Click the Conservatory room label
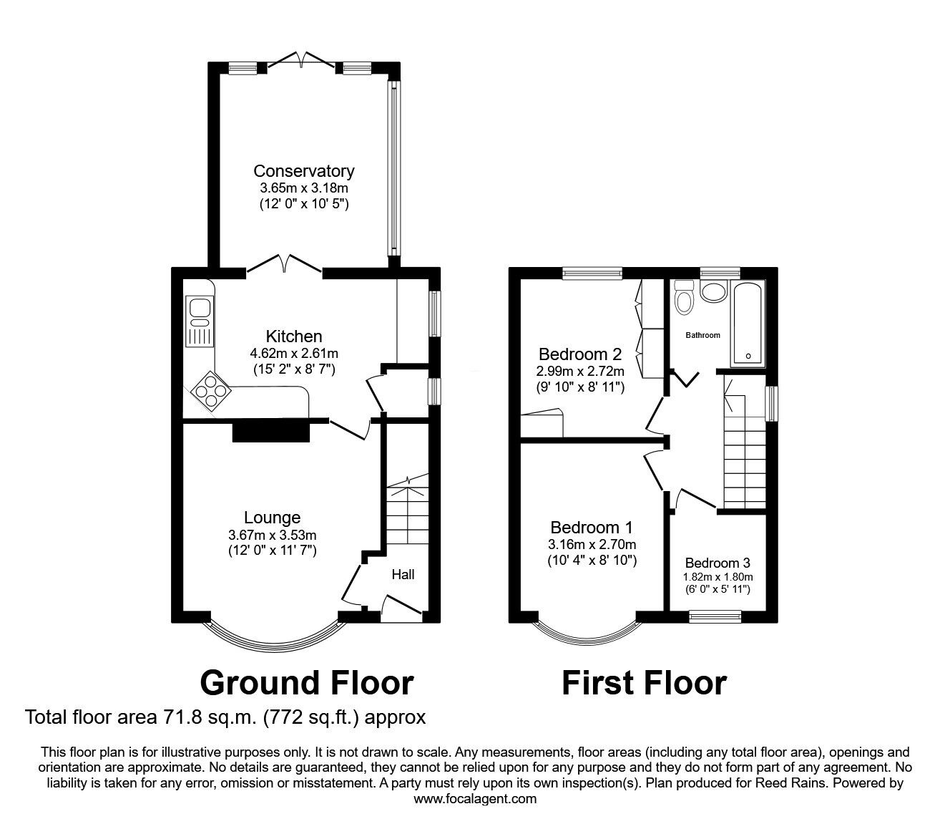point(303,171)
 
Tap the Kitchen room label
point(294,336)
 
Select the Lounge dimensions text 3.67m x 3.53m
point(272,535)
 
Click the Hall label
point(403,574)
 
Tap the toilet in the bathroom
point(684,299)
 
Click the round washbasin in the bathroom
point(712,291)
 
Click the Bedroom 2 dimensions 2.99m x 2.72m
point(581,371)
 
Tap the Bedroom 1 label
point(592,528)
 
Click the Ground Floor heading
point(306,683)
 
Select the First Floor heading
point(644,683)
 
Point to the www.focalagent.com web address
point(475,799)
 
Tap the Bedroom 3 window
point(715,614)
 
